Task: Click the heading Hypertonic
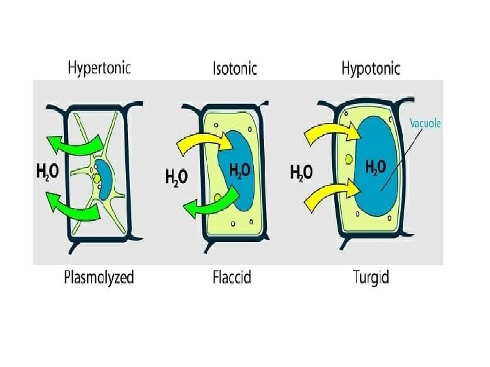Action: (x=99, y=68)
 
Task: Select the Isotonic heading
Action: (x=235, y=69)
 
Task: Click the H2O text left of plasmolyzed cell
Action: (x=47, y=173)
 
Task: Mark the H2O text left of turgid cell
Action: (x=301, y=173)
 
